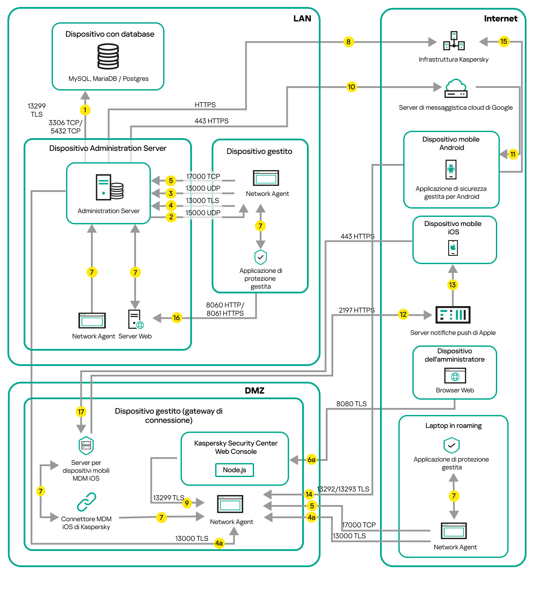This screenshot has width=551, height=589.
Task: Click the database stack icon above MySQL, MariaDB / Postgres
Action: (x=108, y=56)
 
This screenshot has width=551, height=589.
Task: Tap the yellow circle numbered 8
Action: (x=348, y=42)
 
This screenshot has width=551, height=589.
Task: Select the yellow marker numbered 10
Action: (x=351, y=87)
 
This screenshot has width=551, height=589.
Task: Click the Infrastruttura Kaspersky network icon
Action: (x=454, y=42)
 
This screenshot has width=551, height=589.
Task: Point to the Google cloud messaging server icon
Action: (x=456, y=88)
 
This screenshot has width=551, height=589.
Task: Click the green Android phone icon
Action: (x=451, y=169)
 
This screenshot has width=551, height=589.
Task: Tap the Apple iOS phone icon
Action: (x=453, y=248)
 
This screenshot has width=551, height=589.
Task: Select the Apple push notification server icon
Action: (x=453, y=315)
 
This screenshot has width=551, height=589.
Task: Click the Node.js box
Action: (x=234, y=470)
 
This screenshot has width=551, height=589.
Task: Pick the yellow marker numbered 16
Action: (x=176, y=318)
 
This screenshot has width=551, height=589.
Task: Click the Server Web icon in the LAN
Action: (x=136, y=319)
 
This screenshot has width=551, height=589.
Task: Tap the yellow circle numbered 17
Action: (x=81, y=412)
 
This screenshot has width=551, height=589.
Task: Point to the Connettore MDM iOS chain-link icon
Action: (x=86, y=502)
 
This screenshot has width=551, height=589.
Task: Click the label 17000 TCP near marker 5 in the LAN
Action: (x=203, y=177)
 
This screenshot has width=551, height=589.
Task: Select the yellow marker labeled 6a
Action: (x=311, y=460)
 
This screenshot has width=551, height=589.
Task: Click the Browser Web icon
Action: (x=455, y=376)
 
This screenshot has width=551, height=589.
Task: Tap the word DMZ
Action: (x=255, y=390)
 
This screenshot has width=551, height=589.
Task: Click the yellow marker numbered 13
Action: (x=452, y=285)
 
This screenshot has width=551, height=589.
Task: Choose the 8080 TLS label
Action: (x=351, y=404)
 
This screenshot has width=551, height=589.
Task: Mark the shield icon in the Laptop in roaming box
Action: (x=451, y=446)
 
